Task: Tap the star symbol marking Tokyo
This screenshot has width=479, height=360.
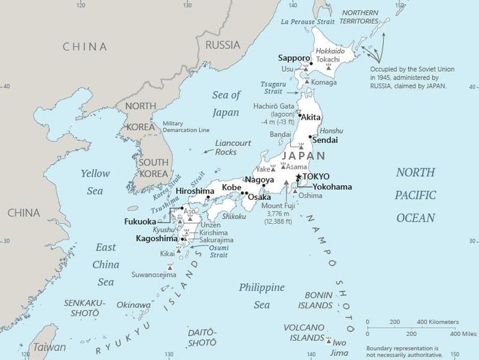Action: (298, 177)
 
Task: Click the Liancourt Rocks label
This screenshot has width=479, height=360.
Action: (234, 147)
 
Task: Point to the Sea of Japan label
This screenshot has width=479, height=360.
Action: (226, 103)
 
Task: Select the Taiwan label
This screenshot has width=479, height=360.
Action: (51, 347)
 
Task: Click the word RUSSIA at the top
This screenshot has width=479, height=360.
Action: (223, 45)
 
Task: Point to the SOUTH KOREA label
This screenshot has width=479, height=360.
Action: (154, 168)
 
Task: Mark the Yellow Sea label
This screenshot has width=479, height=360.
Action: (95, 182)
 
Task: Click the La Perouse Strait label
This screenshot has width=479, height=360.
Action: (309, 22)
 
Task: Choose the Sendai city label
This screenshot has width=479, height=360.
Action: (325, 140)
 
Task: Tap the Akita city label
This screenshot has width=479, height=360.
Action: (311, 117)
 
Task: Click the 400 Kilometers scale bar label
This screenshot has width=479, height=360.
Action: (439, 322)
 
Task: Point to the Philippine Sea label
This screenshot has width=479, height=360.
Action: (261, 296)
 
